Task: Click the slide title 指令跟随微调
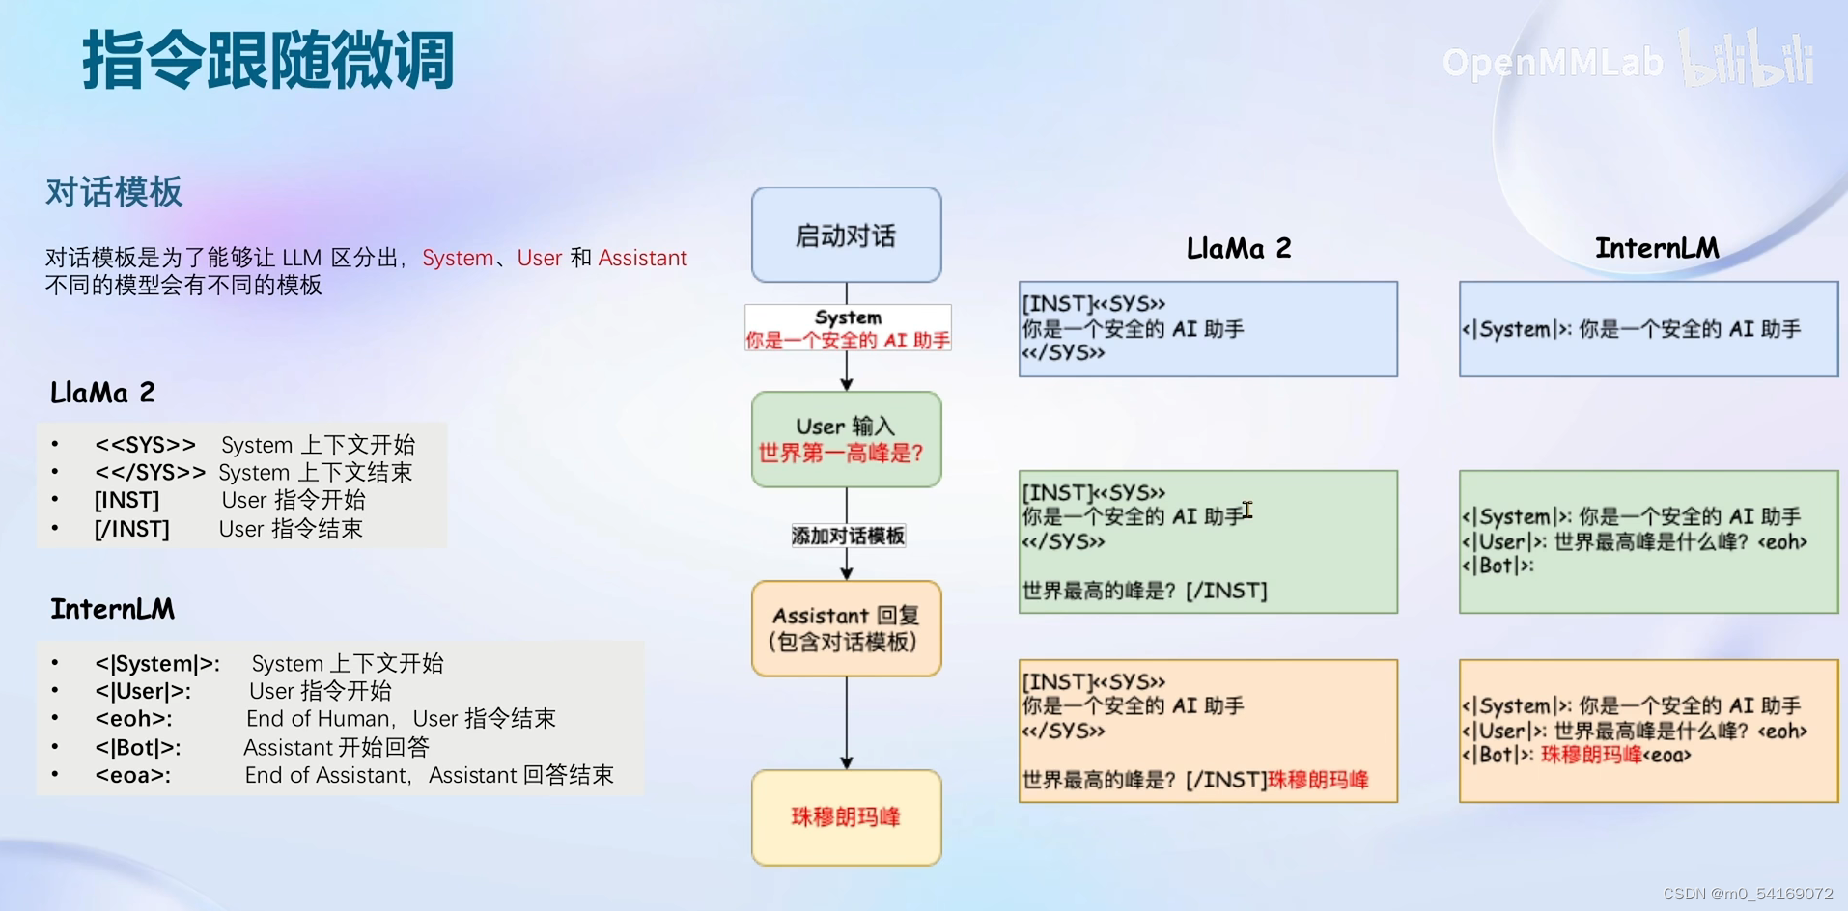pyautogui.click(x=267, y=60)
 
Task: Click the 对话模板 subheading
pyautogui.click(x=114, y=192)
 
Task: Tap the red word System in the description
pyautogui.click(x=457, y=258)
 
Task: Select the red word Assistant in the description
pyautogui.click(x=642, y=258)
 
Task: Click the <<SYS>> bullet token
pyautogui.click(x=145, y=445)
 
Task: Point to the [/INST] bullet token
pyautogui.click(x=131, y=529)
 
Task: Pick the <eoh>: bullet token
pyautogui.click(x=133, y=719)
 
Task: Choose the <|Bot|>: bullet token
pyautogui.click(x=137, y=747)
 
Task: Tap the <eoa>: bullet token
pyautogui.click(x=132, y=775)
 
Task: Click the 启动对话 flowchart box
pyautogui.click(x=846, y=235)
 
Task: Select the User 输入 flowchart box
pyautogui.click(x=846, y=439)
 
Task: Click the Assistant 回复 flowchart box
pyautogui.click(x=846, y=628)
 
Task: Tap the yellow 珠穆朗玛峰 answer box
pyautogui.click(x=846, y=817)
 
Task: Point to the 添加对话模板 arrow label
pyautogui.click(x=848, y=536)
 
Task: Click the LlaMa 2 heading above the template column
pyautogui.click(x=1238, y=249)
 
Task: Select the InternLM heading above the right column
pyautogui.click(x=1656, y=248)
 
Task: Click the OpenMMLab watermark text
pyautogui.click(x=1552, y=63)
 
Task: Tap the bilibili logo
pyautogui.click(x=1747, y=60)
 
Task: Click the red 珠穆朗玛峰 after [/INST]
pyautogui.click(x=1318, y=780)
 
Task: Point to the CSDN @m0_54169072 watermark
pyautogui.click(x=1748, y=894)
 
